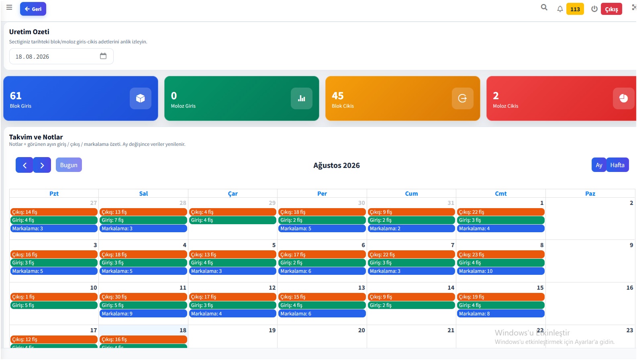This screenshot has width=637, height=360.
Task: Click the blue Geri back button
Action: coord(33,9)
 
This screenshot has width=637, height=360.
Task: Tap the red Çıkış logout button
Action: coord(611,9)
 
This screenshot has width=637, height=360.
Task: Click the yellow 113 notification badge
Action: coord(575,9)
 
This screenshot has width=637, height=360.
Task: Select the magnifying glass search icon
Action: coord(544,7)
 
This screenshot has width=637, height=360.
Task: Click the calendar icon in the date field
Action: coord(103,56)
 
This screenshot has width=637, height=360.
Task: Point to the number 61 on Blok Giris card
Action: coord(16,96)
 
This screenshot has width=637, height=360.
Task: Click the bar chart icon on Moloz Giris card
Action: coord(302,98)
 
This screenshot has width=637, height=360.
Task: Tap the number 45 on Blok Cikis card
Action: coord(337,96)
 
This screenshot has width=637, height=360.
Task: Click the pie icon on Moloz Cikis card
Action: coord(623,98)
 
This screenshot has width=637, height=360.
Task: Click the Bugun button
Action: coord(69,165)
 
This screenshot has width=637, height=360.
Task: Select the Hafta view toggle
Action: coord(617,165)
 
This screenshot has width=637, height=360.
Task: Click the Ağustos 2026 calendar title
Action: coord(337,166)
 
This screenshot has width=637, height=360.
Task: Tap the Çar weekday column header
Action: coord(233,194)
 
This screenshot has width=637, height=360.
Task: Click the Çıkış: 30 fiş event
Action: coord(143,297)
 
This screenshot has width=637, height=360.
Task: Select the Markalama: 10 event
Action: coord(500,271)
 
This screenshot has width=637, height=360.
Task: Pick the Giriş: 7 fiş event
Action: coord(143,220)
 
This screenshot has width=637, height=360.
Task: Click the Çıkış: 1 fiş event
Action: coord(54,297)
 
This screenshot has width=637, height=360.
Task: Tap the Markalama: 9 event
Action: coord(143,314)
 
